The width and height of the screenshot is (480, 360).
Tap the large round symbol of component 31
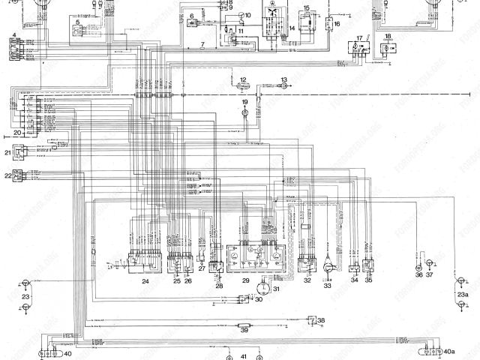point(263,288)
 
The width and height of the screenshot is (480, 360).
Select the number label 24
point(145,281)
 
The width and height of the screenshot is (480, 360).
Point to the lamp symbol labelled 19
point(244,112)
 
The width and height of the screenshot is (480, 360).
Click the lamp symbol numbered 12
point(243,87)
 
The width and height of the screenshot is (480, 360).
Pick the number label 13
point(284,79)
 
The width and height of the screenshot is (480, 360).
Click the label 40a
point(449,351)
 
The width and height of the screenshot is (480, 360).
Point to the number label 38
point(321,320)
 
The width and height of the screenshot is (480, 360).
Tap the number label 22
point(7,175)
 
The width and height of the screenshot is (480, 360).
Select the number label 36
point(418,275)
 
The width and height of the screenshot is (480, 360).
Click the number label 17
point(359,36)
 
